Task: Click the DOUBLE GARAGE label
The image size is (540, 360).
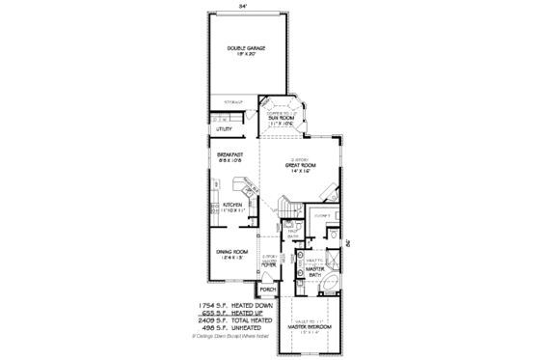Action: tap(246, 47)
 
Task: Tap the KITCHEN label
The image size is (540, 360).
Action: tap(232, 205)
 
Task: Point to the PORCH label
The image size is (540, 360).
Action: tap(268, 289)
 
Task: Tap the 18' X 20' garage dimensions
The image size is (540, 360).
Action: tap(246, 54)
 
